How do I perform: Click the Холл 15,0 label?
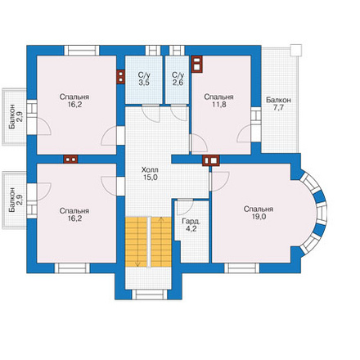pos(150,173)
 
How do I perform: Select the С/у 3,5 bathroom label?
pos(144,79)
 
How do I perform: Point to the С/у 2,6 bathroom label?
pos(178,79)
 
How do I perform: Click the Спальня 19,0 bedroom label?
pos(259,213)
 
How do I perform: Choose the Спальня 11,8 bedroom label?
pos(218,101)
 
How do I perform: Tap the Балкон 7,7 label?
pos(278,104)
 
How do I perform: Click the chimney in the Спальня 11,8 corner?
pos(197,65)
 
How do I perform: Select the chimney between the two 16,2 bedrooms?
pos(70,160)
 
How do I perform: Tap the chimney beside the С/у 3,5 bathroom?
pos(120,77)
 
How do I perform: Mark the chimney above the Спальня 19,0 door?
pos(211,160)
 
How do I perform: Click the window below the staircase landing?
pos(149,295)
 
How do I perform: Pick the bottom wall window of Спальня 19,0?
pos(242,268)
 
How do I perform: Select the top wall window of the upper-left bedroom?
pos(82,51)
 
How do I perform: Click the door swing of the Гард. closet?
pos(185,208)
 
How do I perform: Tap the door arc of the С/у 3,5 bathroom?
pos(151,114)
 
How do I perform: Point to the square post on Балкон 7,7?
pos(296,50)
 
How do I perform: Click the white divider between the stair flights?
pos(149,241)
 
